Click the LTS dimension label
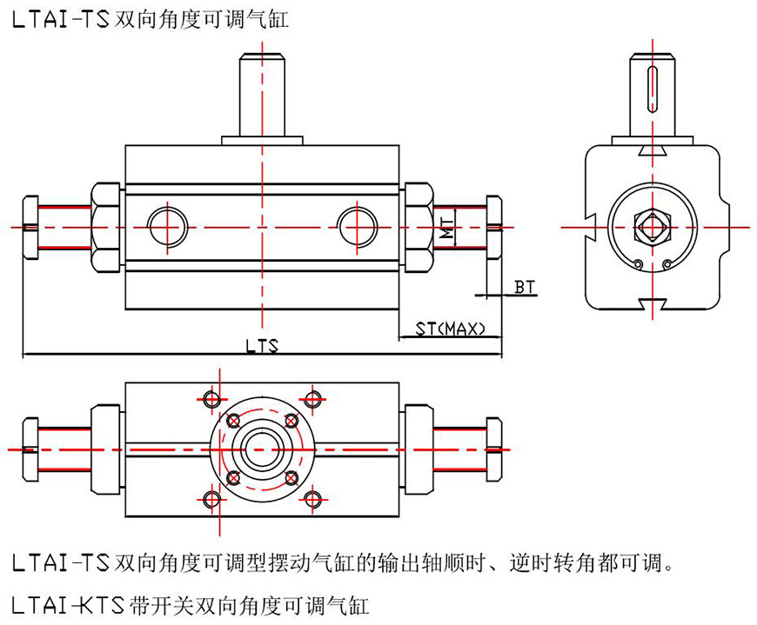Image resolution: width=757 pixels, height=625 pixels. click(261, 346)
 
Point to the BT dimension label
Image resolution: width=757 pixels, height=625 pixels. click(523, 285)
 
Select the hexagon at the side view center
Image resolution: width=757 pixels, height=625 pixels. click(652, 228)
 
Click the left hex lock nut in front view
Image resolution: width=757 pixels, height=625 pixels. click(105, 227)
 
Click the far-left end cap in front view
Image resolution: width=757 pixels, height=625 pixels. click(29, 227)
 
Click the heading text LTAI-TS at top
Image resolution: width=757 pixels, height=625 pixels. click(61, 18)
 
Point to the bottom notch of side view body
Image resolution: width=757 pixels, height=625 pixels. click(652, 303)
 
